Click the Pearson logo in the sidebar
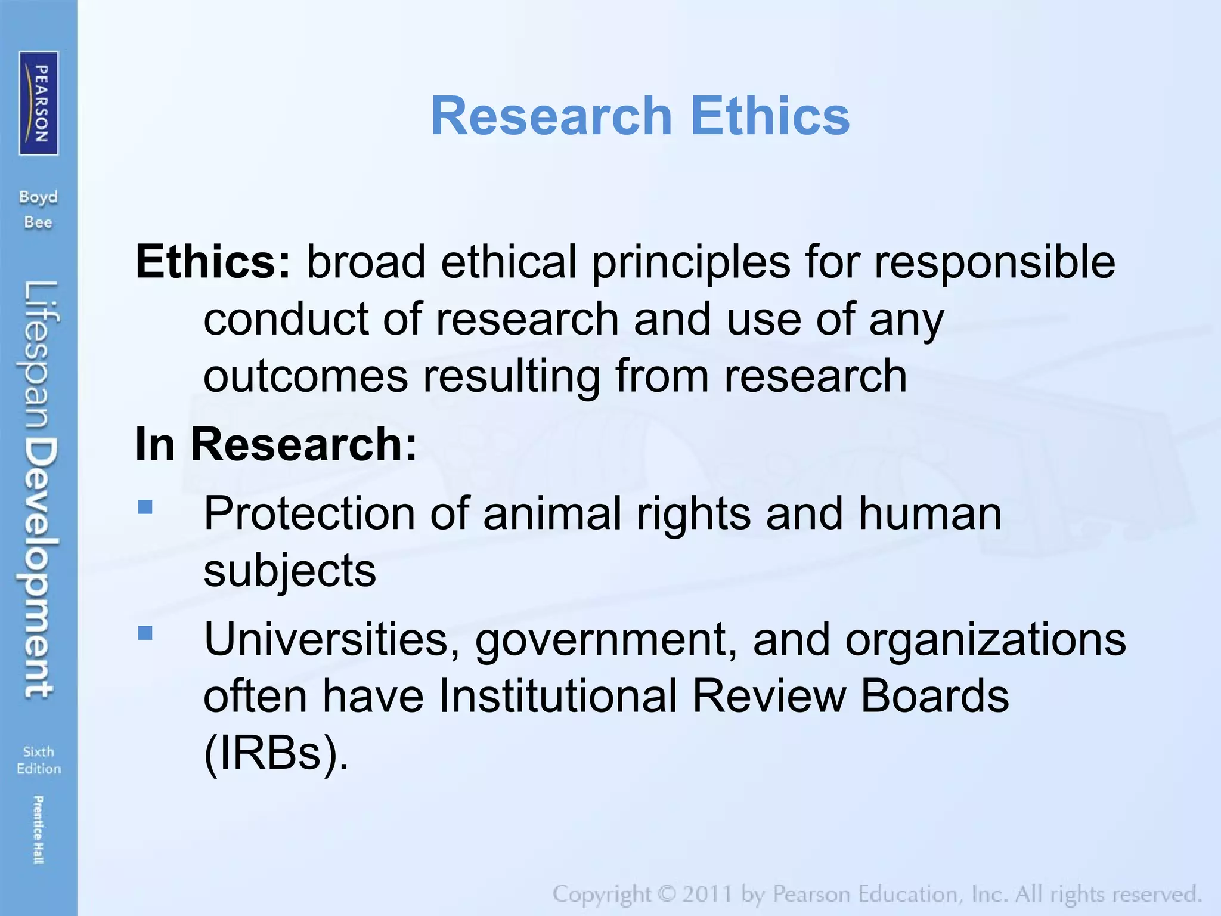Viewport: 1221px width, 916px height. click(x=39, y=103)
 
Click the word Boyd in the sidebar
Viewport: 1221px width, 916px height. click(x=39, y=197)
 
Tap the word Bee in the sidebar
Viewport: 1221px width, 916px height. click(x=39, y=222)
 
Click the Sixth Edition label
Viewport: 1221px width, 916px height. click(x=39, y=760)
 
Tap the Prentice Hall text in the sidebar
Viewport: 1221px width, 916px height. click(x=39, y=829)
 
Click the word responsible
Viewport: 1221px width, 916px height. click(x=994, y=262)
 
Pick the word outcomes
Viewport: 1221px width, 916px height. click(x=305, y=376)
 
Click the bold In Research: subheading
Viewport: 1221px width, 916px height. click(x=276, y=444)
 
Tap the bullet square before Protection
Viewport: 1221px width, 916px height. click(x=145, y=507)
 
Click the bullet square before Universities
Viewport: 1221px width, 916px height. click(x=145, y=632)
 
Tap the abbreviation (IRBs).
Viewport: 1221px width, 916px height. click(x=275, y=753)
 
